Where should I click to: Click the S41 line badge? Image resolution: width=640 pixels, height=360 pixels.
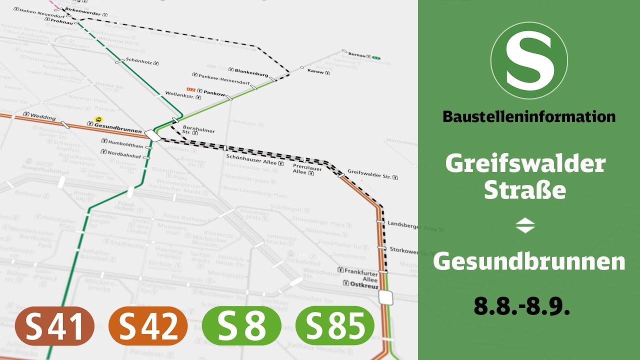coord(55,325)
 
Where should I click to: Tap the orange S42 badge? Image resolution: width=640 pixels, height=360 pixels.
coord(148,325)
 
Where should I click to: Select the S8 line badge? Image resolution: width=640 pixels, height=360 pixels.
coord(241,325)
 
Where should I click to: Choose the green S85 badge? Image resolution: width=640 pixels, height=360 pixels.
coord(335,325)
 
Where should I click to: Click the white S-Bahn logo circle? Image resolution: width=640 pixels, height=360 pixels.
coord(529,61)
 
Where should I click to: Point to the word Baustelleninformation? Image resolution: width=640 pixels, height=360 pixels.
coord(529,117)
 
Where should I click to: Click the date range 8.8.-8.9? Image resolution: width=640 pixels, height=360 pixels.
coord(522,306)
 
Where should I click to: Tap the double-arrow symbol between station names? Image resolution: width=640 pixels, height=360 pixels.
coord(525,226)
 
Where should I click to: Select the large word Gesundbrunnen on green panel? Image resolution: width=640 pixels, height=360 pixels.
coord(529,261)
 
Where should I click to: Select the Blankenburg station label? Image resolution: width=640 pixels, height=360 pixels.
coord(251,73)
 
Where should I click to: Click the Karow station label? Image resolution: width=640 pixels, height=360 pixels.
coord(315,72)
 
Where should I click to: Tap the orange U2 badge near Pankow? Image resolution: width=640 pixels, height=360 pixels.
coord(190,89)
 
